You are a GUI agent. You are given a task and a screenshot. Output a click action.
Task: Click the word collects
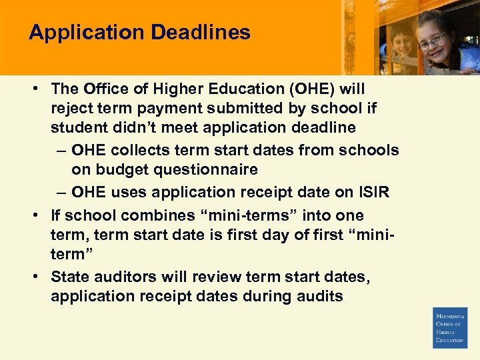click(x=149, y=151)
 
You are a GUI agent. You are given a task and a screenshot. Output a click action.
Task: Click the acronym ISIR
click(x=371, y=193)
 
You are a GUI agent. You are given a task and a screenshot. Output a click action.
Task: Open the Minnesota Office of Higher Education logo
click(x=450, y=327)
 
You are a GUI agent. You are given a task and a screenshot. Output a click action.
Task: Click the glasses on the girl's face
click(x=433, y=40)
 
